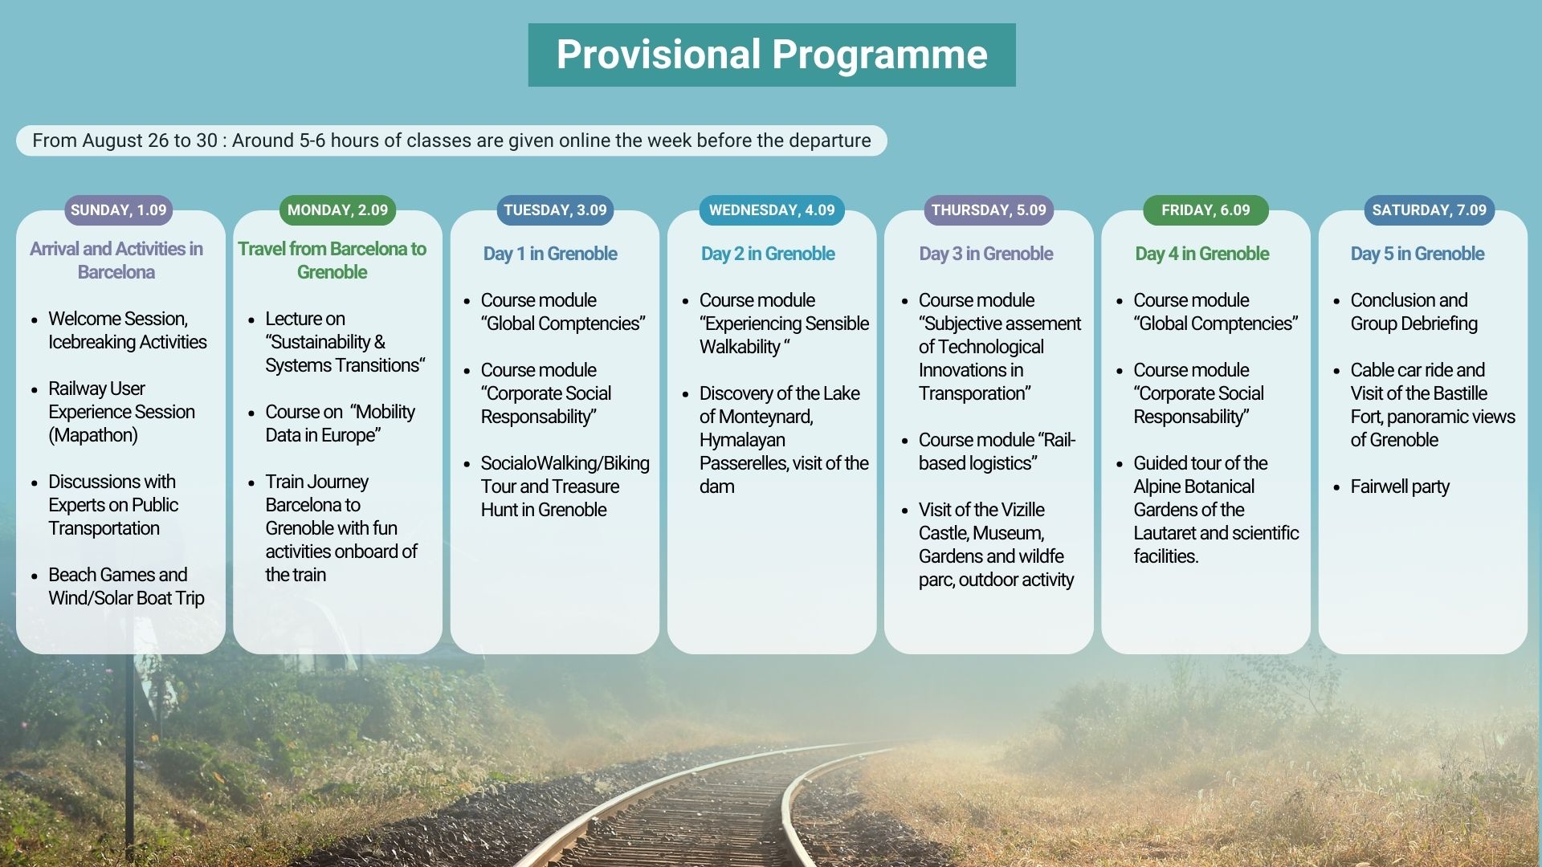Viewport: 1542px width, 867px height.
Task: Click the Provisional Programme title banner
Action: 771,55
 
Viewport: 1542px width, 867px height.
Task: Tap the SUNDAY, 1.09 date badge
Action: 118,210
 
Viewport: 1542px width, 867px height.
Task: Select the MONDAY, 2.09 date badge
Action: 337,210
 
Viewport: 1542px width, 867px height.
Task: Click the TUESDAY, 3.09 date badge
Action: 555,210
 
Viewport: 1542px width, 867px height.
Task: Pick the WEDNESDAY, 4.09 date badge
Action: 771,210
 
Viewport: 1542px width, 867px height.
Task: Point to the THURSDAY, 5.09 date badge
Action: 989,210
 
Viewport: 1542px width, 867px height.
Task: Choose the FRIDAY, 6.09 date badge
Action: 1205,210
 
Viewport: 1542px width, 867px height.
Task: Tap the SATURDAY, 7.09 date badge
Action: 1429,210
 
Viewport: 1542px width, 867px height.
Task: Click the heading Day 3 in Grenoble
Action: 985,254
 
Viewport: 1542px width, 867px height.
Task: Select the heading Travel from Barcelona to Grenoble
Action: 332,260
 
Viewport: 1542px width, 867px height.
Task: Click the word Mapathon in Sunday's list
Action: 93,435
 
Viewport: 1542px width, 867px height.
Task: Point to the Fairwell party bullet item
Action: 1399,486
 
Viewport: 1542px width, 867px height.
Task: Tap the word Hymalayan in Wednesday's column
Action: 742,440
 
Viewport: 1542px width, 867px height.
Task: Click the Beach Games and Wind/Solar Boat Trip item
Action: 125,586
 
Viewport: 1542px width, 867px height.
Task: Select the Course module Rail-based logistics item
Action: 996,451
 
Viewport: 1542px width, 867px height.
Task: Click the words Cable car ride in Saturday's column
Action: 1401,370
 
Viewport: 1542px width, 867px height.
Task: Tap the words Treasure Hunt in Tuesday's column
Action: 562,498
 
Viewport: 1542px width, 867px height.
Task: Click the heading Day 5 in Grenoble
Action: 1417,254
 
